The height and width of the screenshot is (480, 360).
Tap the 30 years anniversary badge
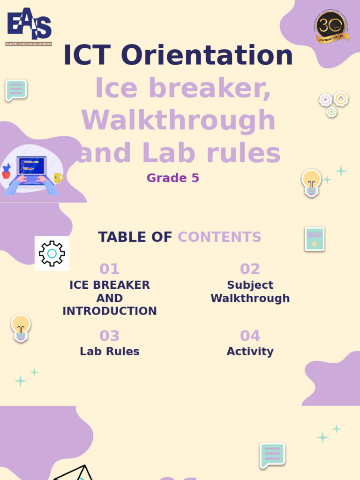click(x=332, y=27)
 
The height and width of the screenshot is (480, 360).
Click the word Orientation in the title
click(x=207, y=55)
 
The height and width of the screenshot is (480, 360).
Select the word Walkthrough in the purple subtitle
click(x=179, y=120)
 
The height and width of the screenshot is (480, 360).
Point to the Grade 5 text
click(x=172, y=178)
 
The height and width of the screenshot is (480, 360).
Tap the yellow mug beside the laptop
click(x=58, y=178)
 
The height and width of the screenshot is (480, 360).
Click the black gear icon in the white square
click(x=52, y=254)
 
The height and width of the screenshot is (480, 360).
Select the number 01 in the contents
click(x=109, y=269)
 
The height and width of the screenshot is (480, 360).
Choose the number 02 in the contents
click(x=250, y=269)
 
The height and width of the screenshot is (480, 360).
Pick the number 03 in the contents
click(x=109, y=336)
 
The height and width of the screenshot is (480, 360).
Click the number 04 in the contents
click(x=250, y=336)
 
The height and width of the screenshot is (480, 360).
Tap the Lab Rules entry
click(x=109, y=352)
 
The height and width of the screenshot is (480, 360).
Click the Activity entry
click(x=250, y=352)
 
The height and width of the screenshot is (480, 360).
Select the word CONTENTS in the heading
click(x=219, y=237)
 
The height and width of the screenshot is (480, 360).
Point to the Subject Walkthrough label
click(x=250, y=292)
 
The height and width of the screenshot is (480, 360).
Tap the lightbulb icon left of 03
click(x=21, y=328)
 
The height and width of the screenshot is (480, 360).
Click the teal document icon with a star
click(x=315, y=239)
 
